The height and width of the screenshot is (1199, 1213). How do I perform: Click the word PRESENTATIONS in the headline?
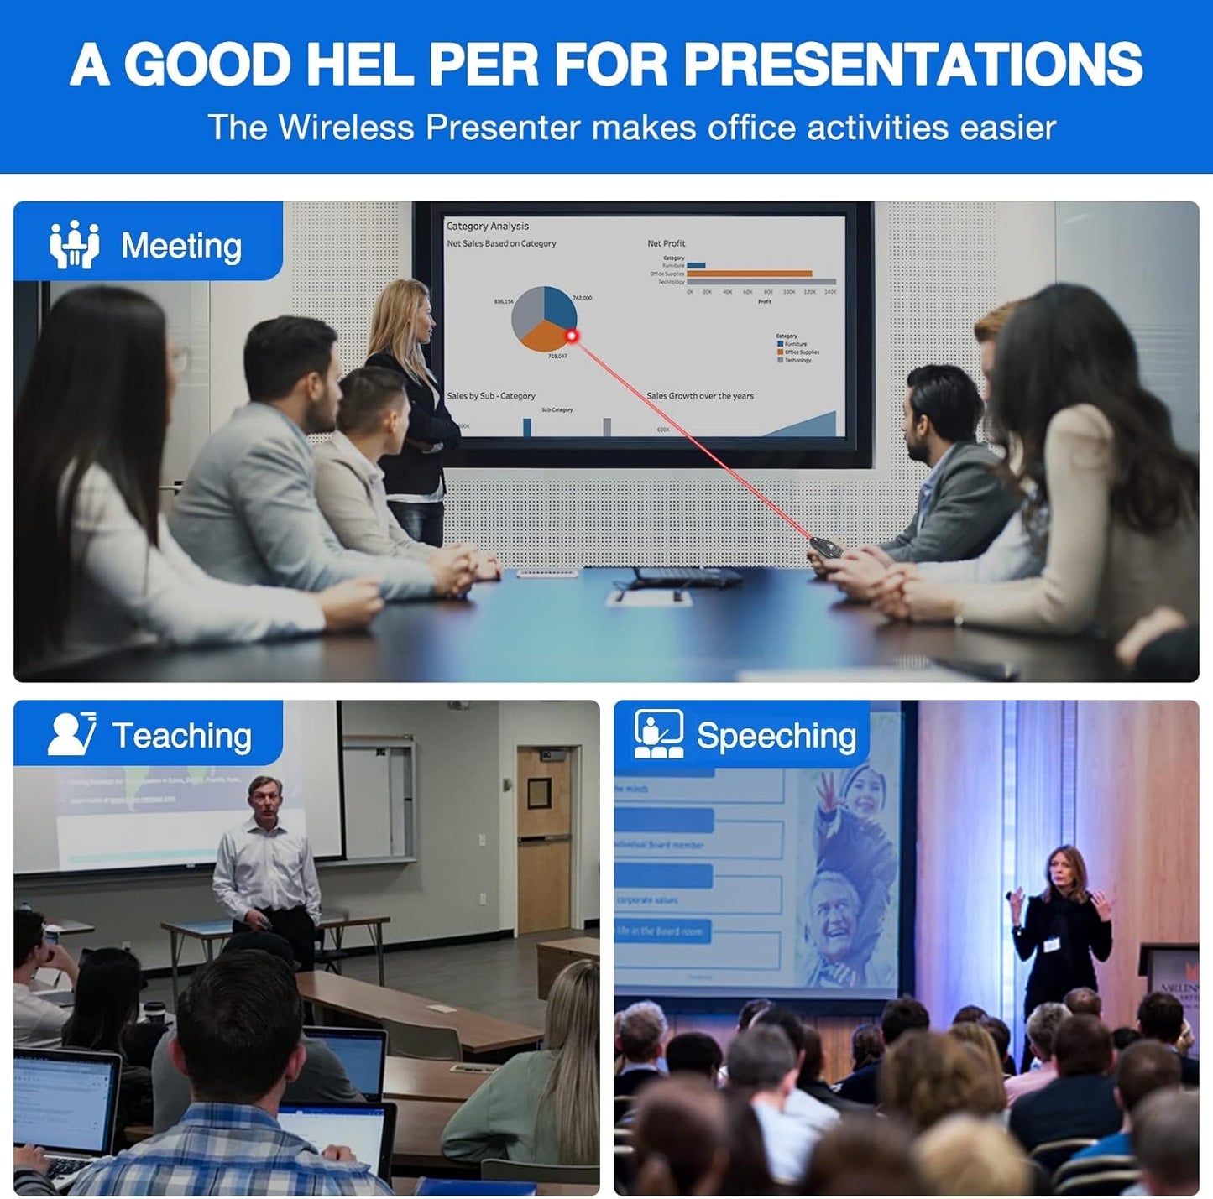click(x=912, y=64)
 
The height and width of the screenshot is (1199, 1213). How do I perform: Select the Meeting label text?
click(x=181, y=247)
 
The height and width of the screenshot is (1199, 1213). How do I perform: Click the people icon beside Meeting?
click(x=74, y=244)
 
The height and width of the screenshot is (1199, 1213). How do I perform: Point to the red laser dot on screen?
click(x=573, y=336)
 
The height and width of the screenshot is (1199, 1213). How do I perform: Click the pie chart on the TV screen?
click(x=544, y=318)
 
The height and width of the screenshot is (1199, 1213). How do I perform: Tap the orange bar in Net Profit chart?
click(x=750, y=274)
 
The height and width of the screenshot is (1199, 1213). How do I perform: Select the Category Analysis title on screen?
click(x=488, y=226)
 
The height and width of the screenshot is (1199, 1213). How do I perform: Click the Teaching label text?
click(x=181, y=736)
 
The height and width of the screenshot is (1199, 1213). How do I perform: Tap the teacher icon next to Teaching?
click(x=71, y=734)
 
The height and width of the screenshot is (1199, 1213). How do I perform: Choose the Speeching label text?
click(x=776, y=736)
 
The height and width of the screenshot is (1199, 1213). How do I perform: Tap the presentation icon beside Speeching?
click(x=658, y=734)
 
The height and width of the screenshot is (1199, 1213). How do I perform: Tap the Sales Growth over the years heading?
click(x=700, y=396)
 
